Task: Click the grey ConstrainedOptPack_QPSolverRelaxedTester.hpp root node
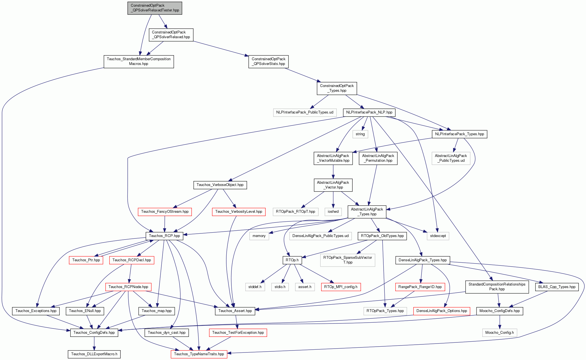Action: (155, 8)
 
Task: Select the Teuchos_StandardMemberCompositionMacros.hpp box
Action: (139, 61)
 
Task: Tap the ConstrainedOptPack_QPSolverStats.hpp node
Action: (268, 61)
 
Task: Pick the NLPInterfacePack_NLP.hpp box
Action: (369, 112)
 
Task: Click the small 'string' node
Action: (360, 134)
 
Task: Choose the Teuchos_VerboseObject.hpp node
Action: (220, 185)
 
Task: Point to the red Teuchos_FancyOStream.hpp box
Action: (165, 212)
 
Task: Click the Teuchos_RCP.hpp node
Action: (164, 236)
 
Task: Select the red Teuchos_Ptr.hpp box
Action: (86, 260)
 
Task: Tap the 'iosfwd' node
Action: (333, 212)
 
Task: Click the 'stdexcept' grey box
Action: (438, 236)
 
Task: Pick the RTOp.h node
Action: (292, 260)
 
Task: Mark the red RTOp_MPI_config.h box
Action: (341, 287)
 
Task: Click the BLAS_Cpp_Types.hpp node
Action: (557, 287)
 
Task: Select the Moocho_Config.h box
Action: (500, 333)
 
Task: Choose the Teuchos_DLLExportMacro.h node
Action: (94, 354)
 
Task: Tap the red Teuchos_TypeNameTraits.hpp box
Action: (199, 354)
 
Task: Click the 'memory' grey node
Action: (259, 236)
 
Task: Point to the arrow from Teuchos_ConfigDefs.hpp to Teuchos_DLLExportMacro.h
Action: (94, 344)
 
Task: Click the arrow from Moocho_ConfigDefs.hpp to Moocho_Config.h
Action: (500, 322)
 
